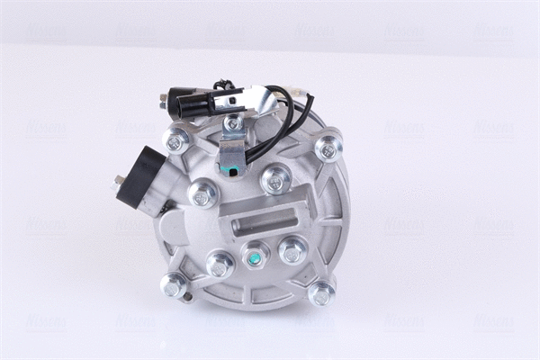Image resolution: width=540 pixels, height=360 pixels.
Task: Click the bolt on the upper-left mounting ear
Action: pos(175,141)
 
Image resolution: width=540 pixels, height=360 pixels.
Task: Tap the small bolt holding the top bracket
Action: pos(234,122)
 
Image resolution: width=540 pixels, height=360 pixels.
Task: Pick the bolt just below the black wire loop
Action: pos(275,180)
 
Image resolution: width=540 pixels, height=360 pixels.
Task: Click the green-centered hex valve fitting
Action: pos(255,256)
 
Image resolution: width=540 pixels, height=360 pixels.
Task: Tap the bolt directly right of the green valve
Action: pos(292,250)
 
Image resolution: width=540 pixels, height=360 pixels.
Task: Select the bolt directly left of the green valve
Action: pos(220,265)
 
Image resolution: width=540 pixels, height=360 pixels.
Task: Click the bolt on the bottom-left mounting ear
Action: pos(174,285)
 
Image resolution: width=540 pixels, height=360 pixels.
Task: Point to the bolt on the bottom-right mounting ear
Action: pos(321,292)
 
